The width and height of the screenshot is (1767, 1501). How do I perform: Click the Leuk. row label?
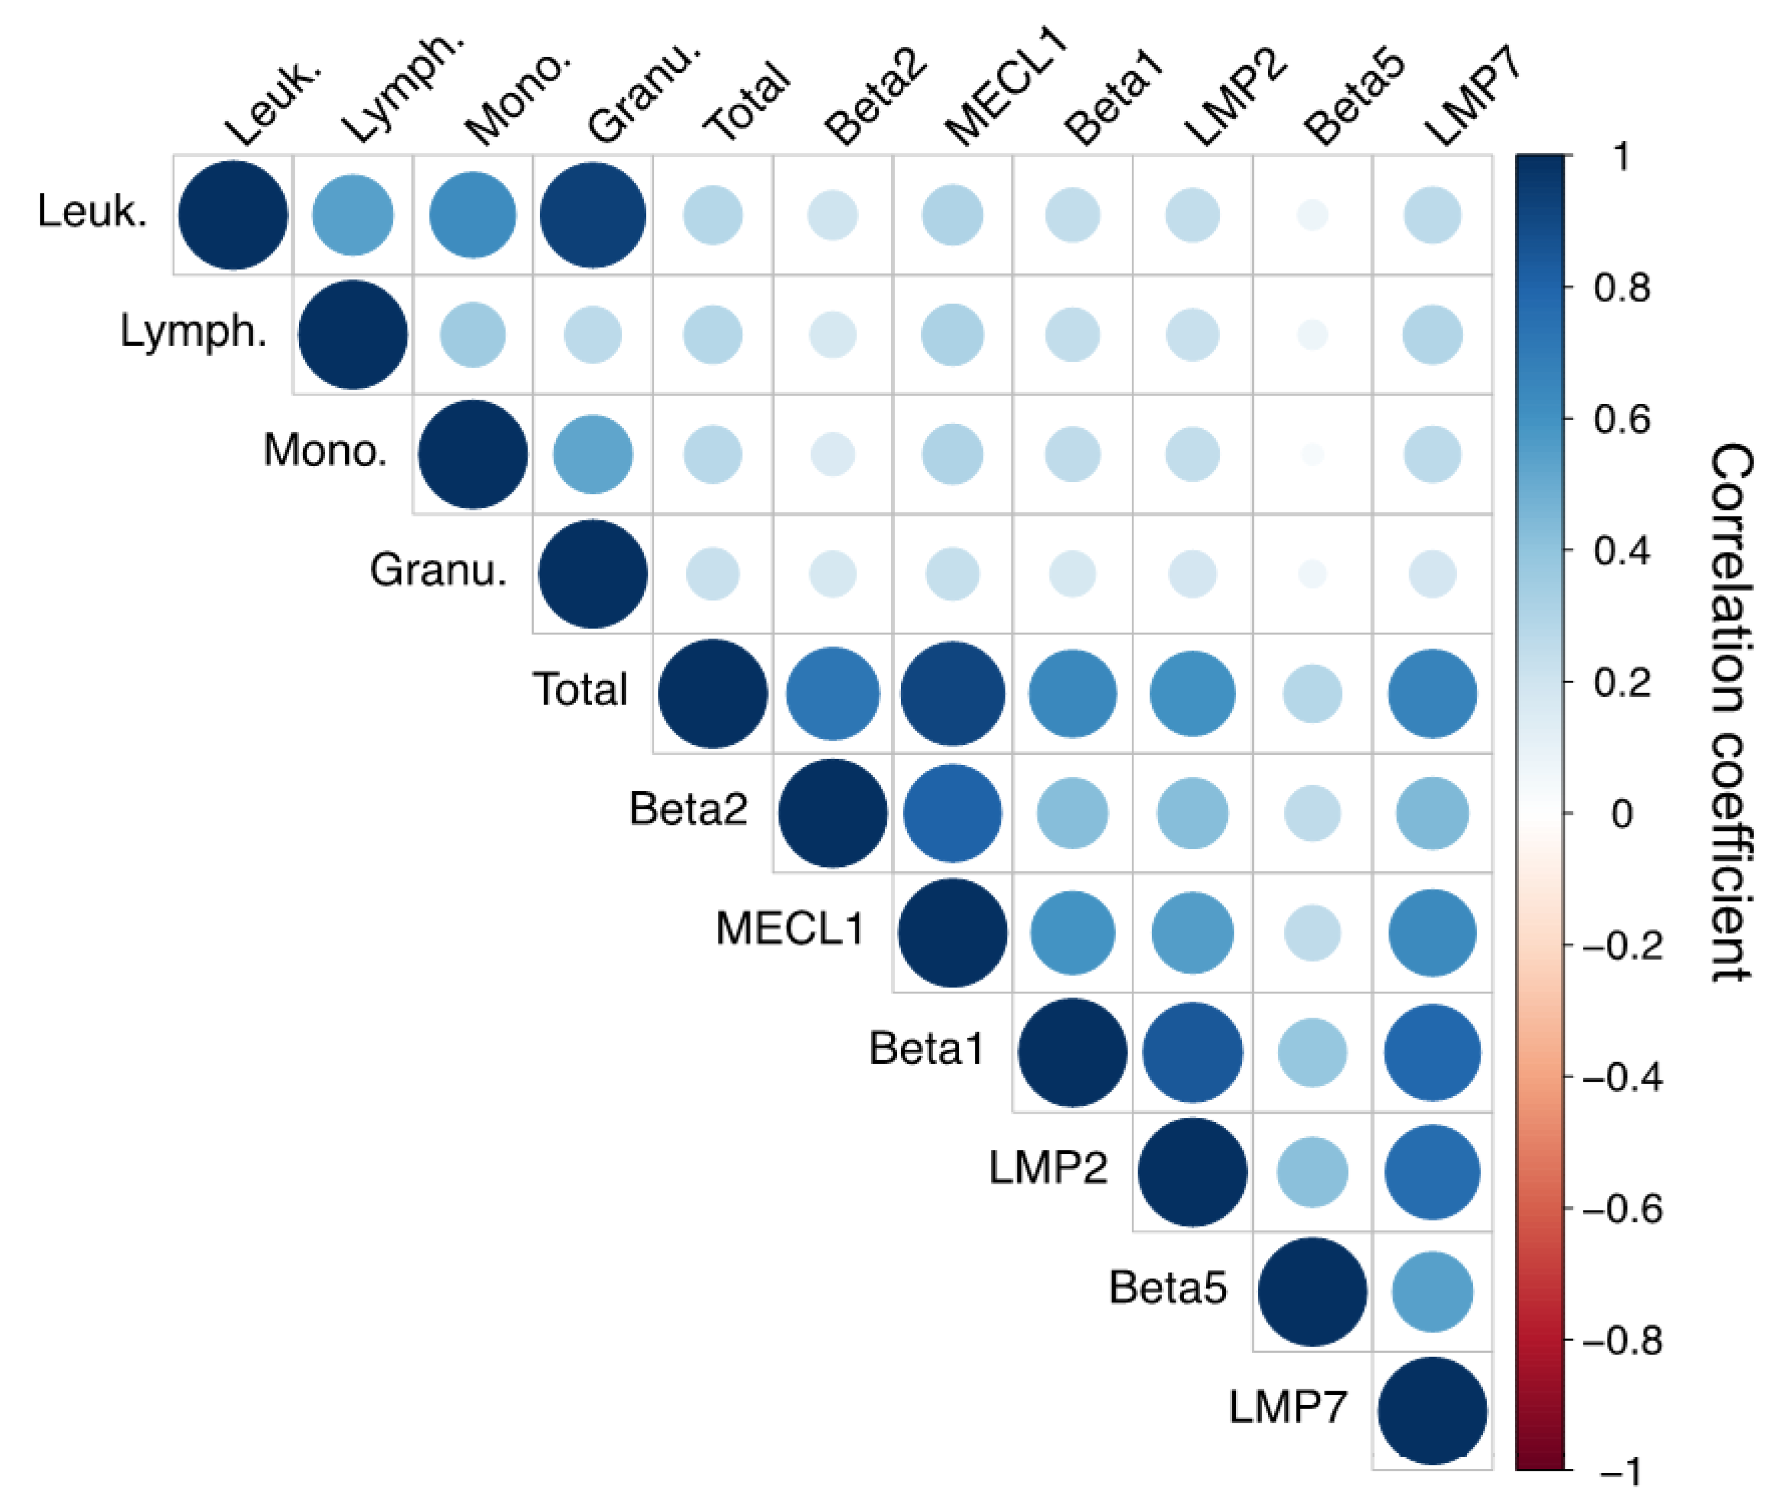[92, 211]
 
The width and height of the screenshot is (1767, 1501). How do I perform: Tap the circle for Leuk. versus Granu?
[593, 215]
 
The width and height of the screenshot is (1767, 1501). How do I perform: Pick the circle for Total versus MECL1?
[953, 693]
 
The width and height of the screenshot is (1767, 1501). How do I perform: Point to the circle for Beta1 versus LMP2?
[1192, 1053]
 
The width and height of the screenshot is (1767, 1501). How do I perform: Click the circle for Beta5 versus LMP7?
[1432, 1292]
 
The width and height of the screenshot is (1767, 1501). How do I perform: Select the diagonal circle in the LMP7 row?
[1432, 1411]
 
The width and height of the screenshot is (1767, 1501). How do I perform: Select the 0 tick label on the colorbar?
[1622, 814]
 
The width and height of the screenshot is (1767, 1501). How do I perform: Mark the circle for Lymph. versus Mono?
[472, 334]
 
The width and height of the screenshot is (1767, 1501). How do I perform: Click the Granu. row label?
[438, 570]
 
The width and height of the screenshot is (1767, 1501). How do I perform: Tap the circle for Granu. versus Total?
[712, 573]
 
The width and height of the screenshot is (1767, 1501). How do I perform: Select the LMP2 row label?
[1048, 1168]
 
